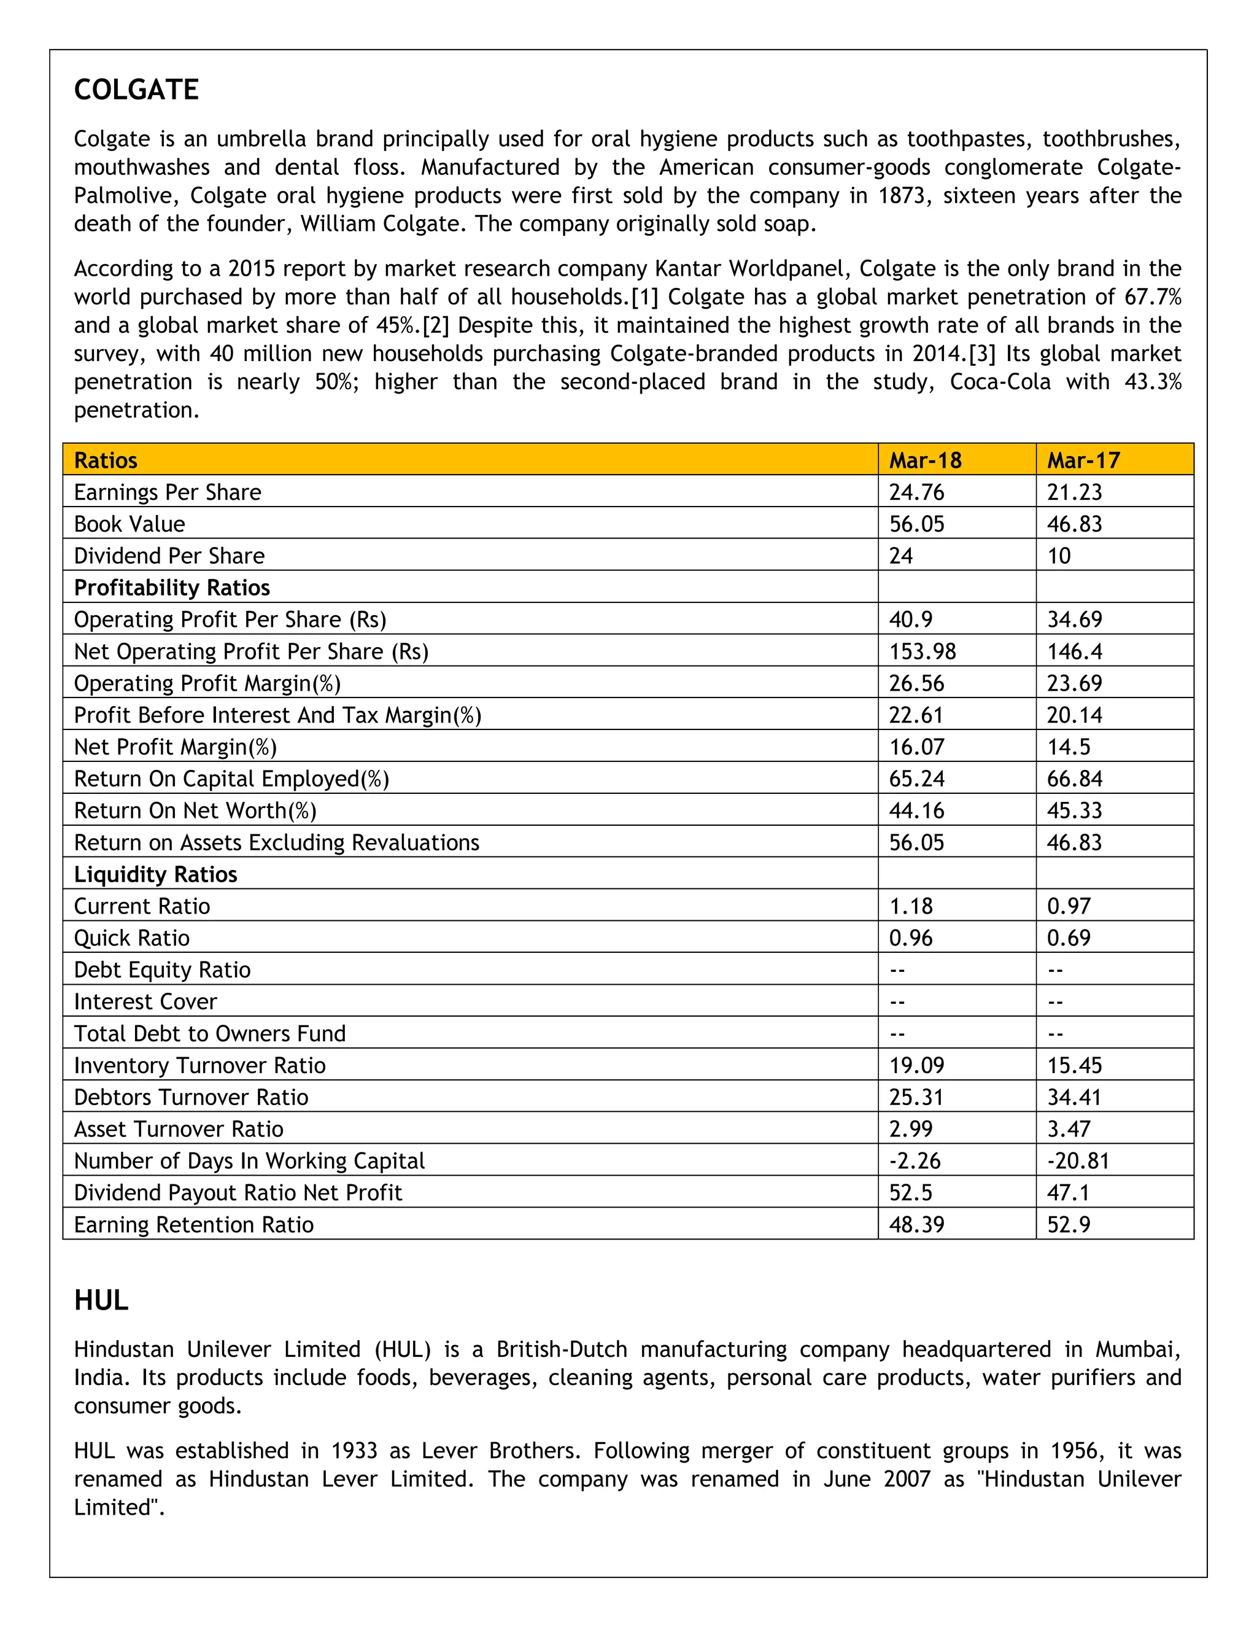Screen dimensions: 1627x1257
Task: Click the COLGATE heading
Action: (136, 90)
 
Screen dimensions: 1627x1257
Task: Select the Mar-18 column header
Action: (925, 460)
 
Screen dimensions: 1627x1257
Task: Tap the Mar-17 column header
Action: (1083, 460)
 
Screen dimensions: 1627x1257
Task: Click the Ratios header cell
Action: (106, 460)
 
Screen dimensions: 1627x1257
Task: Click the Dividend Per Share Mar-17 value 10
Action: (1058, 556)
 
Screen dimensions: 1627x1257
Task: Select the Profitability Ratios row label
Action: (171, 588)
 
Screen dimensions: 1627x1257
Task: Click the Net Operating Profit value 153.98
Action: (922, 652)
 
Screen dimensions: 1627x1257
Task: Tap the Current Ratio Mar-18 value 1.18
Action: (910, 907)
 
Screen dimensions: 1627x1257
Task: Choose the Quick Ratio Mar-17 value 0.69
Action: (1068, 939)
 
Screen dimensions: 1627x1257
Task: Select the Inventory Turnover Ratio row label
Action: (199, 1066)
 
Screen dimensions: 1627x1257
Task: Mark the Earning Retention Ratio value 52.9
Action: (1068, 1225)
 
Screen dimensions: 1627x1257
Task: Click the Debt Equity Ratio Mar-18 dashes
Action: (897, 971)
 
